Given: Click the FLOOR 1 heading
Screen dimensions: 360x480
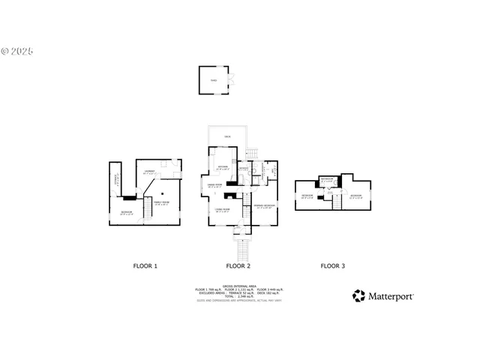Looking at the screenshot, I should (x=145, y=266).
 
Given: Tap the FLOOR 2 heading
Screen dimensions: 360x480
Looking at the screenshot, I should (x=238, y=266).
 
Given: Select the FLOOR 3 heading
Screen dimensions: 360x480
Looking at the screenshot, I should (x=333, y=266).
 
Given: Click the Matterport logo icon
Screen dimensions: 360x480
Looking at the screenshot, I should (x=358, y=296).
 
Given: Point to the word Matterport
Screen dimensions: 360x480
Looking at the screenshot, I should (x=390, y=296).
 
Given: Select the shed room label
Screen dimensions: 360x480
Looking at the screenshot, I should (x=214, y=79).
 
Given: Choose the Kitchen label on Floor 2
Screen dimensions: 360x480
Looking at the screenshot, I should (x=223, y=166).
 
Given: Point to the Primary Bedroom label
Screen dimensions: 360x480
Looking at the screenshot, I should (x=264, y=205).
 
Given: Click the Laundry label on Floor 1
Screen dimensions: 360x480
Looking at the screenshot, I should (x=150, y=172).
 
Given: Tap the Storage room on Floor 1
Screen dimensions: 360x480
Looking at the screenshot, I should (x=117, y=179).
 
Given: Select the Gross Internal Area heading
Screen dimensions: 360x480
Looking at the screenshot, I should (x=238, y=285).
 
